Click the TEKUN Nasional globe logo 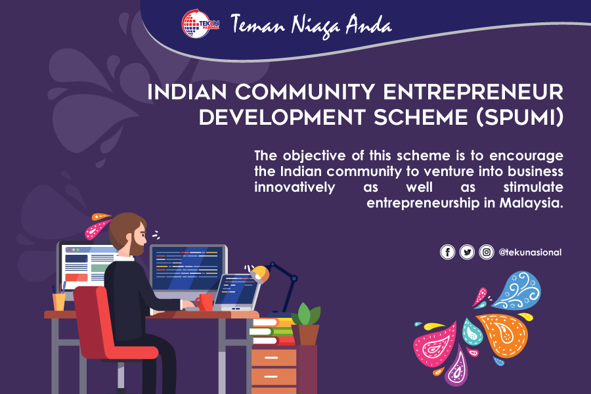coord(200,24)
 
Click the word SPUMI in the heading coord(520,118)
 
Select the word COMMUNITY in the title coord(305,92)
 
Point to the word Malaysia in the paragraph coord(531,203)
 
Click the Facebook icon coord(447,252)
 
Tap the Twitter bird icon coord(467,252)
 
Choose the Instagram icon coord(487,252)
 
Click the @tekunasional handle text coord(530,252)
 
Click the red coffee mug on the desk coord(204,302)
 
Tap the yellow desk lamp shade coord(259,274)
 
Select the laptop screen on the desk coord(236,290)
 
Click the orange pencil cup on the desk coord(59,302)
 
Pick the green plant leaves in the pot coord(306,314)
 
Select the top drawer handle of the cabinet coord(271,357)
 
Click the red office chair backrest coord(91,320)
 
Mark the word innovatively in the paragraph coord(295,187)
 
